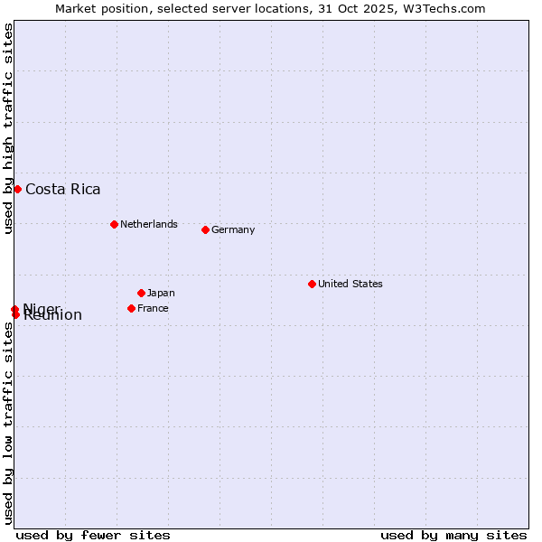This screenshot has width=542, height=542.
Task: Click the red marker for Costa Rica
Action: tap(17, 189)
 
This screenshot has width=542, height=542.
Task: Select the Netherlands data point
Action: tap(114, 224)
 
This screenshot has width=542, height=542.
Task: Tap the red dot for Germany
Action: tap(205, 229)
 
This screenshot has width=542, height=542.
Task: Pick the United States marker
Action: tap(312, 284)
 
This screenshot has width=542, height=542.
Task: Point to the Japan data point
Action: tap(141, 293)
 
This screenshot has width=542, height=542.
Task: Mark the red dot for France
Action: tap(131, 308)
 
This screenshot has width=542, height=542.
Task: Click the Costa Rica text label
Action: tap(63, 189)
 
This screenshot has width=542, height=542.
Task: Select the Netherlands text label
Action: tap(149, 224)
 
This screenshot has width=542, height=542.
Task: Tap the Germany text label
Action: tap(233, 229)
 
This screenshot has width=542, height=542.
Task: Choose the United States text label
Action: tap(350, 284)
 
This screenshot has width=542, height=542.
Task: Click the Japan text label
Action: tap(161, 293)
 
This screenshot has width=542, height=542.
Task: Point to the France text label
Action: tap(153, 308)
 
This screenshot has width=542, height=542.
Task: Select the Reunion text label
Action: tap(52, 315)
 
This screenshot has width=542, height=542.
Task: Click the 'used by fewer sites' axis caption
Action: tap(93, 535)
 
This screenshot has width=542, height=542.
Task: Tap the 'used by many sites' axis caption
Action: tap(453, 535)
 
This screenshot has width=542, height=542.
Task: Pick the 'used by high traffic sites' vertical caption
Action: tap(8, 129)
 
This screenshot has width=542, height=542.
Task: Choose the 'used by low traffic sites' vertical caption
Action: tap(8, 423)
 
